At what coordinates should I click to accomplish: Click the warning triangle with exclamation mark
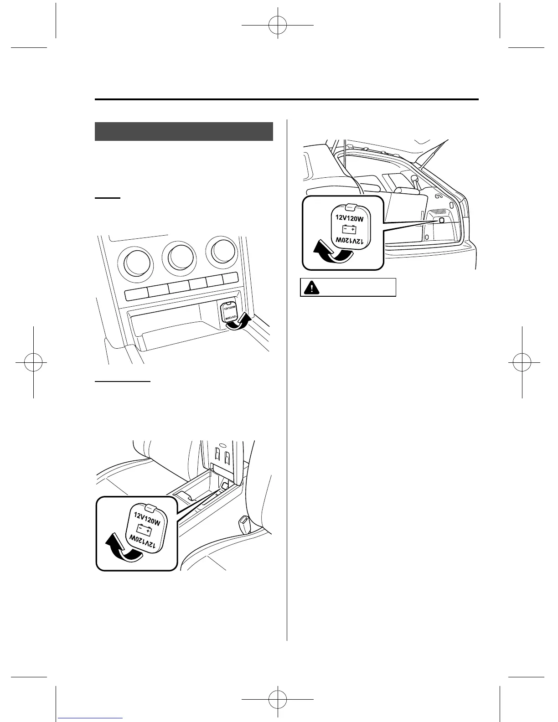[311, 288]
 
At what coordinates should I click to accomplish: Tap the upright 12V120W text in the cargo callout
[349, 218]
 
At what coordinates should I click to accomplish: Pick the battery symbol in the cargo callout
[350, 229]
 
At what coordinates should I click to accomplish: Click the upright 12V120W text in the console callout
[147, 518]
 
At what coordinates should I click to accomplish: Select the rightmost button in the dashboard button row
[230, 278]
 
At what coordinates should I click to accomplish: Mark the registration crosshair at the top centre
[278, 25]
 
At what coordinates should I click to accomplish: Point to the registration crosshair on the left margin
[34, 362]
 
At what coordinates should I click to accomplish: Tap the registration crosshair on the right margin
[522, 362]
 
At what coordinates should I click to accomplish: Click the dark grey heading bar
[184, 132]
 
